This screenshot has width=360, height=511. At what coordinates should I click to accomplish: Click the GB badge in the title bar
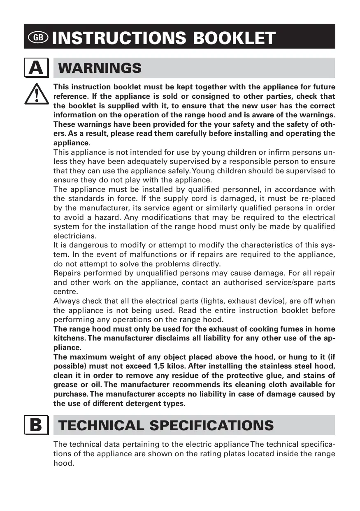click(38, 37)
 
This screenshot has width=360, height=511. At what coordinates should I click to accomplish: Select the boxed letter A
click(36, 68)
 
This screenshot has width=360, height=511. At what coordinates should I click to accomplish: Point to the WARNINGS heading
click(100, 68)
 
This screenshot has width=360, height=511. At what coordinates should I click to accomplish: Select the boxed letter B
click(36, 425)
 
